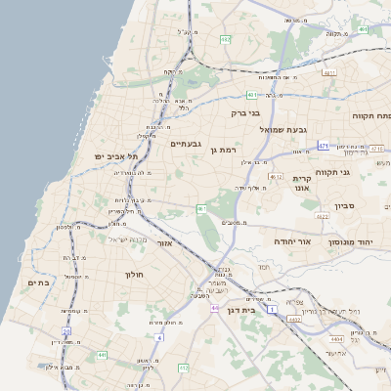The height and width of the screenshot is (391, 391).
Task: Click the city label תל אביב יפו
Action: [116, 155]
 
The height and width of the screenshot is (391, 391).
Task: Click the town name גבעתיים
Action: [185, 145]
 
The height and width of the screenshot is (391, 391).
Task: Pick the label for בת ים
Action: [37, 282]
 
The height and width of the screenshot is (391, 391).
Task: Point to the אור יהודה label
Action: [291, 240]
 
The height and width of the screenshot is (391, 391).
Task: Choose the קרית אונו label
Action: [301, 184]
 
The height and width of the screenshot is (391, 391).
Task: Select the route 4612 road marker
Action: [276, 177]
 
